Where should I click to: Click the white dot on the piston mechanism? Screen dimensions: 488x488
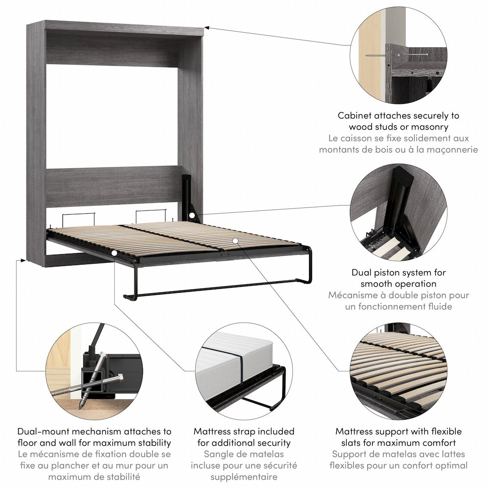tap(193, 215)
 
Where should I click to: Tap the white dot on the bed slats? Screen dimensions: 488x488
tap(235, 240)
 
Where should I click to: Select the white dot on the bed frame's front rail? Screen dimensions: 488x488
tap(114, 253)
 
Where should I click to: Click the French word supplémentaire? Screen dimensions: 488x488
tap(244, 477)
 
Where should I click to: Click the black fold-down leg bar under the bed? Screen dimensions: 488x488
tap(215, 289)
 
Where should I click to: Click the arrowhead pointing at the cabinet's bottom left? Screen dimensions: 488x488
tap(22, 261)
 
